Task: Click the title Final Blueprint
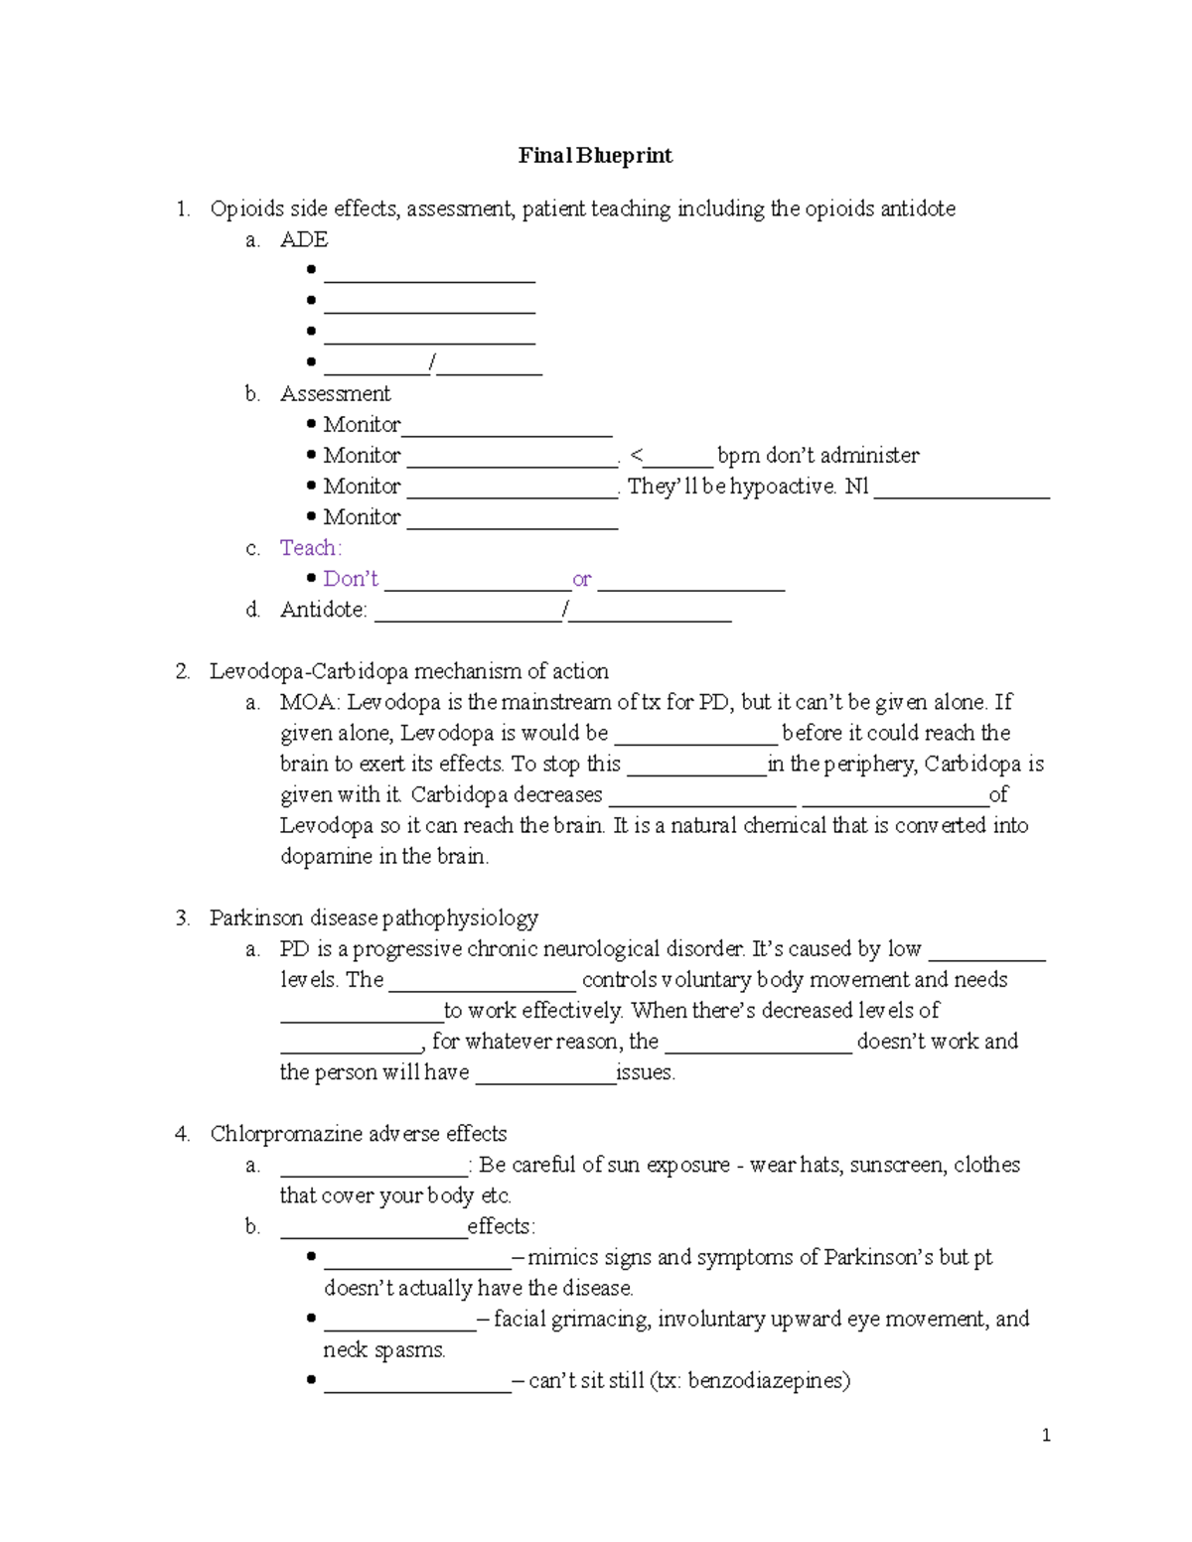[x=595, y=155]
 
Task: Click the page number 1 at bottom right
[x=1046, y=1435]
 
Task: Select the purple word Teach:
[x=310, y=548]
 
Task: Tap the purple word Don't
[x=351, y=579]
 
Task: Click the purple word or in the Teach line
[x=582, y=579]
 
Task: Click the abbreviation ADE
[x=304, y=239]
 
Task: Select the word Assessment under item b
[x=335, y=394]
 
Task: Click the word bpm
[x=738, y=456]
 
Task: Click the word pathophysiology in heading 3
[x=460, y=917]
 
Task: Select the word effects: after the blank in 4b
[x=501, y=1226]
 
